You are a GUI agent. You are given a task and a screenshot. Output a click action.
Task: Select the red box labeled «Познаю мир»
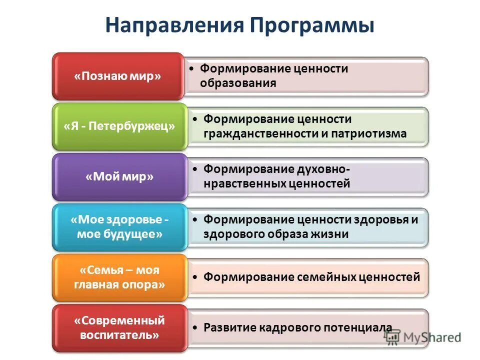click(x=118, y=76)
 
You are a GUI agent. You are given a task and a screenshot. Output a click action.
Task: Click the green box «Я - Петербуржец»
click(x=119, y=126)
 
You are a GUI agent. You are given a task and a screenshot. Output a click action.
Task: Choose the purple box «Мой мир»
click(x=119, y=177)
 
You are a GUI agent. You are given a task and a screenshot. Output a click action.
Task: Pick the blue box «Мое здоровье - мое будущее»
click(x=119, y=227)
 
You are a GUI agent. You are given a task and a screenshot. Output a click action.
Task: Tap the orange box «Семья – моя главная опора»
click(x=119, y=278)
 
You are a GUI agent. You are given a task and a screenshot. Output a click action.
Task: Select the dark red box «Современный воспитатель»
click(x=119, y=328)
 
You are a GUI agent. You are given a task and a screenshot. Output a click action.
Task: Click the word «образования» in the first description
click(x=238, y=83)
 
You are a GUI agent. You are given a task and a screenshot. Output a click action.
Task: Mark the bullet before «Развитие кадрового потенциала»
click(x=195, y=327)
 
